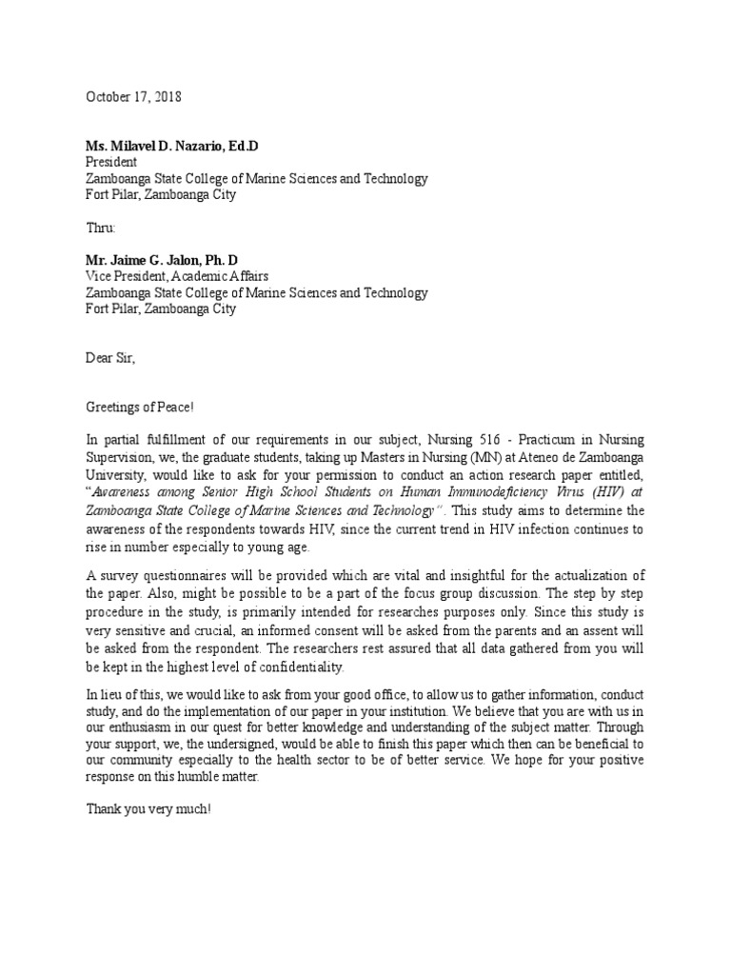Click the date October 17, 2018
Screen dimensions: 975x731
(x=133, y=97)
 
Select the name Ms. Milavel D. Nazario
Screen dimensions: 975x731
(x=155, y=146)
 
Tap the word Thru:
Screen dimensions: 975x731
(x=101, y=229)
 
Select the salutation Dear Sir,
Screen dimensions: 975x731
(x=111, y=359)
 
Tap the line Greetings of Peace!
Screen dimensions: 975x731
(x=140, y=408)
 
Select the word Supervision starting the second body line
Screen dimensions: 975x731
(x=121, y=455)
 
